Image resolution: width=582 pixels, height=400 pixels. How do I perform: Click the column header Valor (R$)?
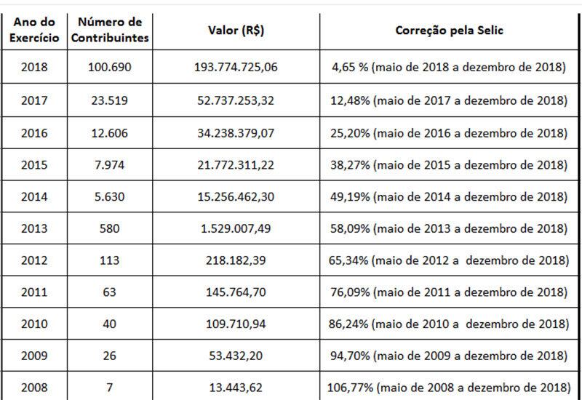[236, 32]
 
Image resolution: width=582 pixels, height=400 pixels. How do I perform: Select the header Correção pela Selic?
[446, 32]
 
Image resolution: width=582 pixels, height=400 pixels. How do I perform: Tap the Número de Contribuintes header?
[110, 32]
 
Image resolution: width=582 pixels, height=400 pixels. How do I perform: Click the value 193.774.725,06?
[236, 68]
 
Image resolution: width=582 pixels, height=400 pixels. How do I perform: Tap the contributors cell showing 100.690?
[110, 68]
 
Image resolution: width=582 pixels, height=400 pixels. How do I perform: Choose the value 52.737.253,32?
[236, 100]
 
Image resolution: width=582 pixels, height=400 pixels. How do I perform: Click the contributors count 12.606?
[110, 132]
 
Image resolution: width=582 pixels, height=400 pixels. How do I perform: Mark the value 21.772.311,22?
[236, 164]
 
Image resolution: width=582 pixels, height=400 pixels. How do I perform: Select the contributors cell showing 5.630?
[110, 196]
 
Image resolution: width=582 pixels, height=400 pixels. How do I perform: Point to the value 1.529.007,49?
[236, 228]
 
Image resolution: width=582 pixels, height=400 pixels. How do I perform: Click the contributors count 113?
[110, 260]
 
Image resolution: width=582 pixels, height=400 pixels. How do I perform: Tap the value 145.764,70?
[236, 292]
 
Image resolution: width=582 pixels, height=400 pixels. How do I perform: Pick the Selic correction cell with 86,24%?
[446, 324]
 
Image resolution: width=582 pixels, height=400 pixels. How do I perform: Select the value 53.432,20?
[236, 356]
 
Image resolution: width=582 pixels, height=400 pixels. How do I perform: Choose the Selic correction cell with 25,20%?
[446, 132]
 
